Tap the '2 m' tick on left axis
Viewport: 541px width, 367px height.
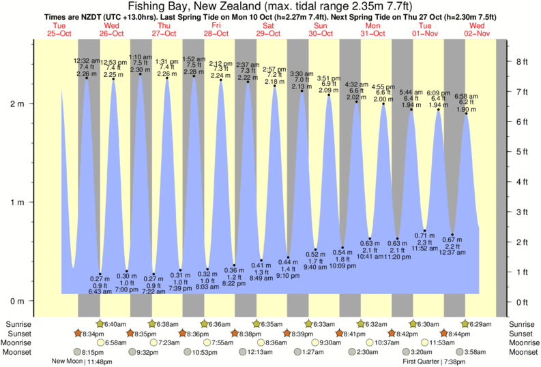pyautogui.click(x=16, y=103)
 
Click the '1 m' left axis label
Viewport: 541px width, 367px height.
pyautogui.click(x=16, y=202)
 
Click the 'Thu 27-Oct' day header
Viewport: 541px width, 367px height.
pyautogui.click(x=164, y=29)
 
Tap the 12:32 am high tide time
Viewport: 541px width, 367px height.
pyautogui.click(x=87, y=61)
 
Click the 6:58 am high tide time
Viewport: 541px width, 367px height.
pyautogui.click(x=467, y=96)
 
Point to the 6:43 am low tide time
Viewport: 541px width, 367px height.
pyautogui.click(x=100, y=291)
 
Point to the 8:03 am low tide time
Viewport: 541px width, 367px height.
pyautogui.click(x=207, y=287)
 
